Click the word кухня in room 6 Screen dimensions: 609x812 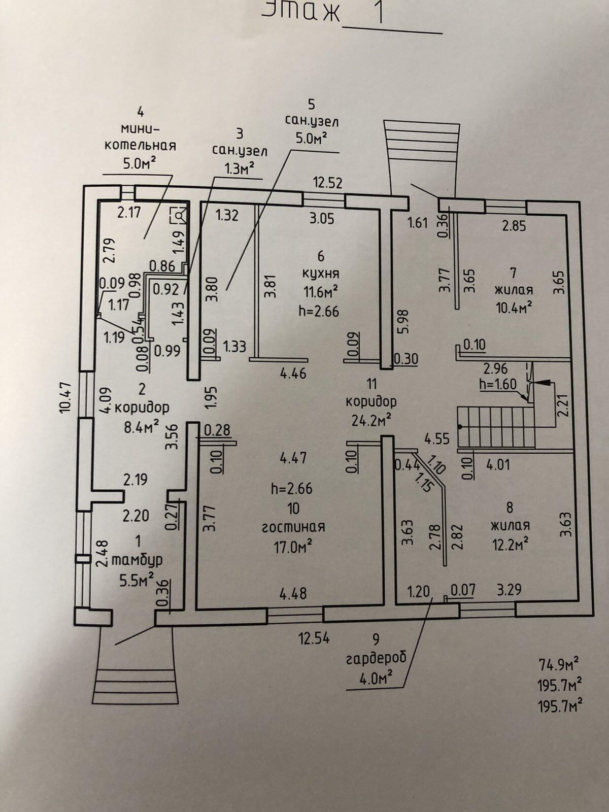[x=321, y=274]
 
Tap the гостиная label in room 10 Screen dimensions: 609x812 [x=293, y=527]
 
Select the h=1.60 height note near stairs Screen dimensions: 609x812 [x=498, y=384]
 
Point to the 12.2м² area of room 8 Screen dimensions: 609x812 [x=510, y=544]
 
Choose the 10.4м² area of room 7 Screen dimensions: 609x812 [x=514, y=307]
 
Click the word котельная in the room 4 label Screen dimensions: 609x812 [x=140, y=146]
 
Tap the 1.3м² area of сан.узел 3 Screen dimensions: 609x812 [x=240, y=169]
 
